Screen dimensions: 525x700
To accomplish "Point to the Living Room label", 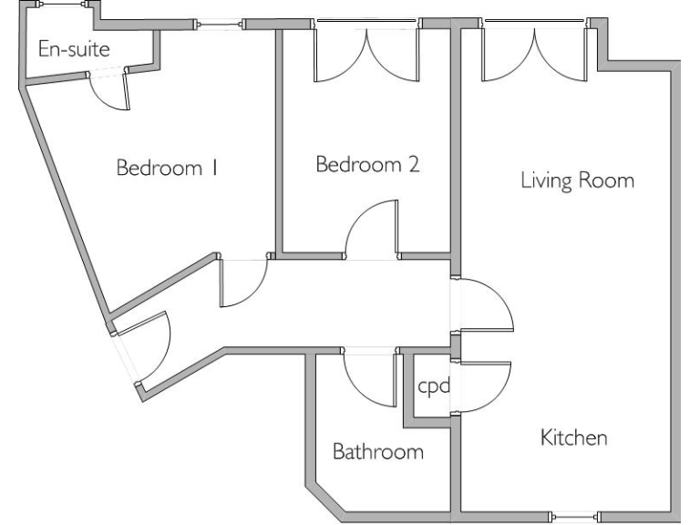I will (x=577, y=180).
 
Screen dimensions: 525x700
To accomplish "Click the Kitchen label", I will (x=574, y=438).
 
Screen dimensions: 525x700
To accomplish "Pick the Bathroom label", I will (x=378, y=452).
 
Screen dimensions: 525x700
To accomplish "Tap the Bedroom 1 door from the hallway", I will (x=243, y=286).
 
